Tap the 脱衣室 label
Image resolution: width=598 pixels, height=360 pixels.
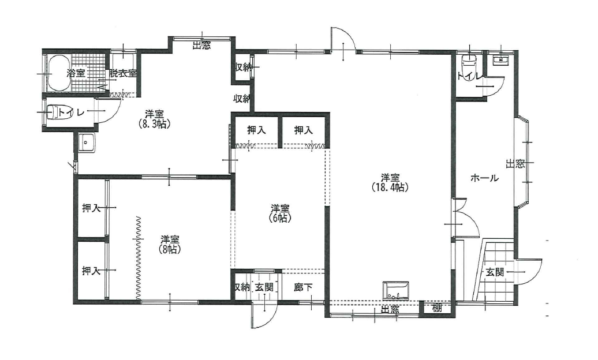tap(122, 73)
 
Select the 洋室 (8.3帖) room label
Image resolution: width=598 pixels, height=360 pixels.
tap(155, 119)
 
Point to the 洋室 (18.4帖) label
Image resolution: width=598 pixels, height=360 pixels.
tap(390, 182)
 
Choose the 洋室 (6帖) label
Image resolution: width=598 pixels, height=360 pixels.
tap(281, 213)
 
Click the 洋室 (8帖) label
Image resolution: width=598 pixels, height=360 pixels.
tap(170, 244)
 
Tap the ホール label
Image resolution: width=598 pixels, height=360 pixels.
tap(484, 178)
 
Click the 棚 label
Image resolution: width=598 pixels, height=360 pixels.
tap(437, 307)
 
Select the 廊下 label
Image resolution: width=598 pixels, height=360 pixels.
tap(303, 287)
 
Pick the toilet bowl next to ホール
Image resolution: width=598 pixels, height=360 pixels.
tap(468, 63)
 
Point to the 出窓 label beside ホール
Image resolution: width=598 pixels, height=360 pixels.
tap(515, 164)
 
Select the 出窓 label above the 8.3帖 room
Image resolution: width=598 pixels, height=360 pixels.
tap(201, 46)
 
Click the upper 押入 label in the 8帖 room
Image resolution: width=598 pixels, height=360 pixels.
tap(92, 208)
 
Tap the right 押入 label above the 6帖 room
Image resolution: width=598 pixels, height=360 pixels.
tap(304, 130)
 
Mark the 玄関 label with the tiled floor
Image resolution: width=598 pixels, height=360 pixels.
tap(495, 272)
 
